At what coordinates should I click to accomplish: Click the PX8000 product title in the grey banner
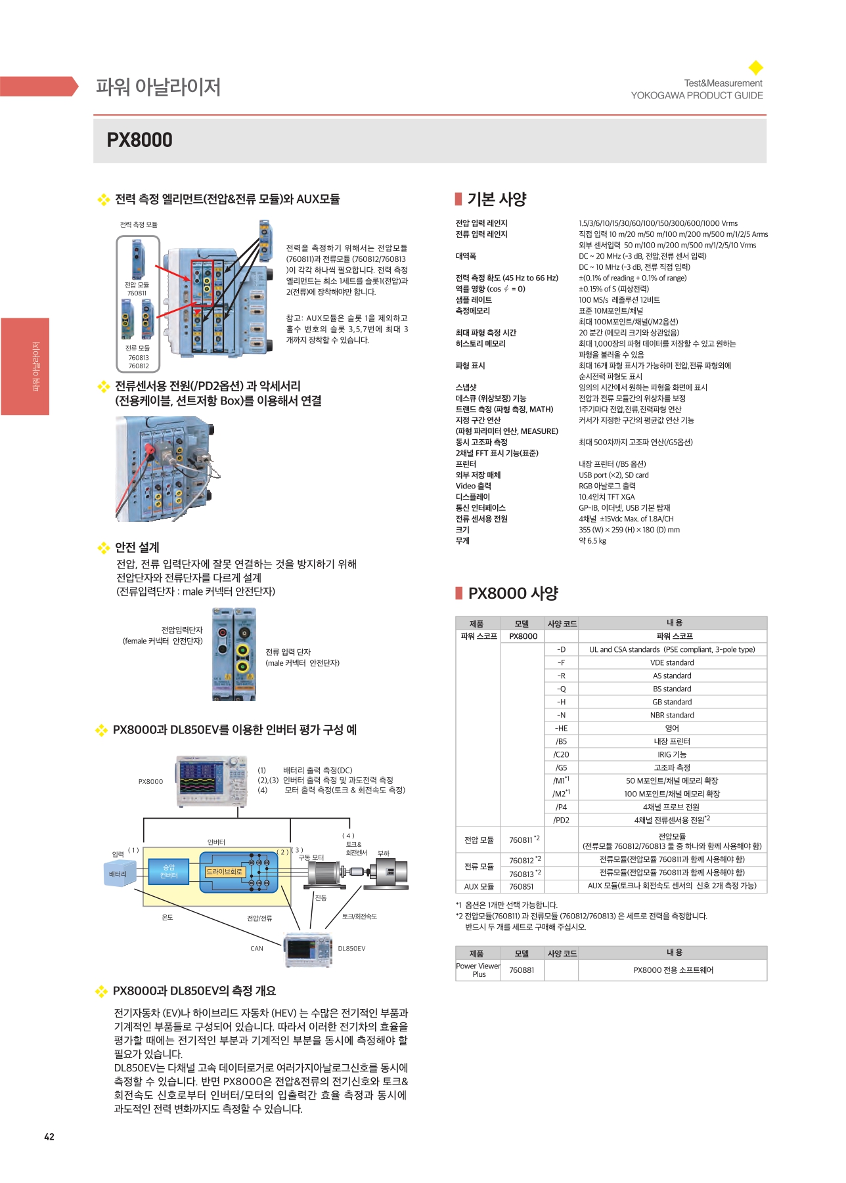coord(139,140)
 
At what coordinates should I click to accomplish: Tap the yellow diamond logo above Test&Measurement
coord(756,68)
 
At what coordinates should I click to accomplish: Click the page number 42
coord(49,1136)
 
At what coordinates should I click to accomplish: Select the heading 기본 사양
coord(497,199)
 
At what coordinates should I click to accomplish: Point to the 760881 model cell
coord(522,970)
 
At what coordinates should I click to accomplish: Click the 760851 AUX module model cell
coord(522,886)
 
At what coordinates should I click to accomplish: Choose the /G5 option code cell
coord(561,767)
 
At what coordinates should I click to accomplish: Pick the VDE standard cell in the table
coord(672,662)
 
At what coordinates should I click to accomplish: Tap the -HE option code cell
coord(561,728)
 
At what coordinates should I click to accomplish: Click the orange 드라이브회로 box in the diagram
coord(225,872)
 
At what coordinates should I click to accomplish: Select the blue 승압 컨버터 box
coord(169,871)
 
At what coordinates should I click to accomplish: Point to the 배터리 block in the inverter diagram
coord(119,874)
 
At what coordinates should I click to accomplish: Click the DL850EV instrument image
coord(308,950)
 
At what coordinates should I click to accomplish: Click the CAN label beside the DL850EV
coord(257,948)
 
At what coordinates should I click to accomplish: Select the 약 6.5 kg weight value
coord(592,541)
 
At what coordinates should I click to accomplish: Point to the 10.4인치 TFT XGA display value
coord(606,497)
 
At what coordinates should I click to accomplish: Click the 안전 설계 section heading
coord(137,547)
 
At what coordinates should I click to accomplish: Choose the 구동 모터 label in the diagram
coord(311,857)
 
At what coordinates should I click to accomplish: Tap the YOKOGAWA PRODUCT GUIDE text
coord(697,95)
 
